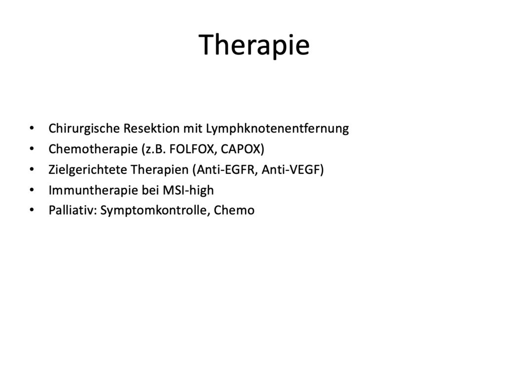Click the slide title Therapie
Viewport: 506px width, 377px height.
[254, 45]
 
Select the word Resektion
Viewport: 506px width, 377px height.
[151, 128]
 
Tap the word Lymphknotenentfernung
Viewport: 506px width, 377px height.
[278, 128]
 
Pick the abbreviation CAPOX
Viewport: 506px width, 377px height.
[241, 149]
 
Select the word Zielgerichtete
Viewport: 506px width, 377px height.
[88, 170]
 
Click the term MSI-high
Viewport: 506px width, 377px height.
[188, 190]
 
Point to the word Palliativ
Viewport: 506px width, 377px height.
[73, 210]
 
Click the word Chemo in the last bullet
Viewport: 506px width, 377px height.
[234, 210]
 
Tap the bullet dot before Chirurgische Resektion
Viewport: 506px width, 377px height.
[32, 128]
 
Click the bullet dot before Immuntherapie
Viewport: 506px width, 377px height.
[32, 190]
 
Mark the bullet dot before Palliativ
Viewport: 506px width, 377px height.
[32, 210]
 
